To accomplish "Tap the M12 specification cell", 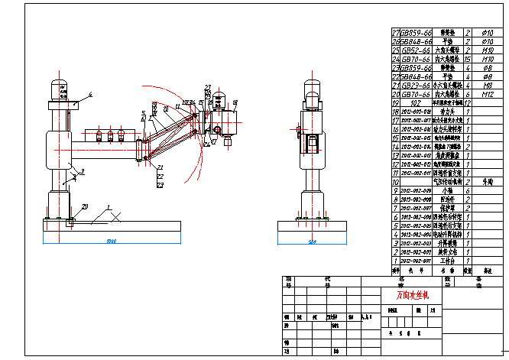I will point(487,93).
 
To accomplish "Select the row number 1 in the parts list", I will point(395,261).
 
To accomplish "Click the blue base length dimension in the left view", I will point(112,242).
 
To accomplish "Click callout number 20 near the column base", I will point(85,206).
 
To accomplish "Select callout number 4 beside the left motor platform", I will point(89,94).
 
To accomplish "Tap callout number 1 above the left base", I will point(109,207).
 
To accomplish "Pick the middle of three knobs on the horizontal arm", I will point(110,135).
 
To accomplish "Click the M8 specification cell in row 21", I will point(487,85).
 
